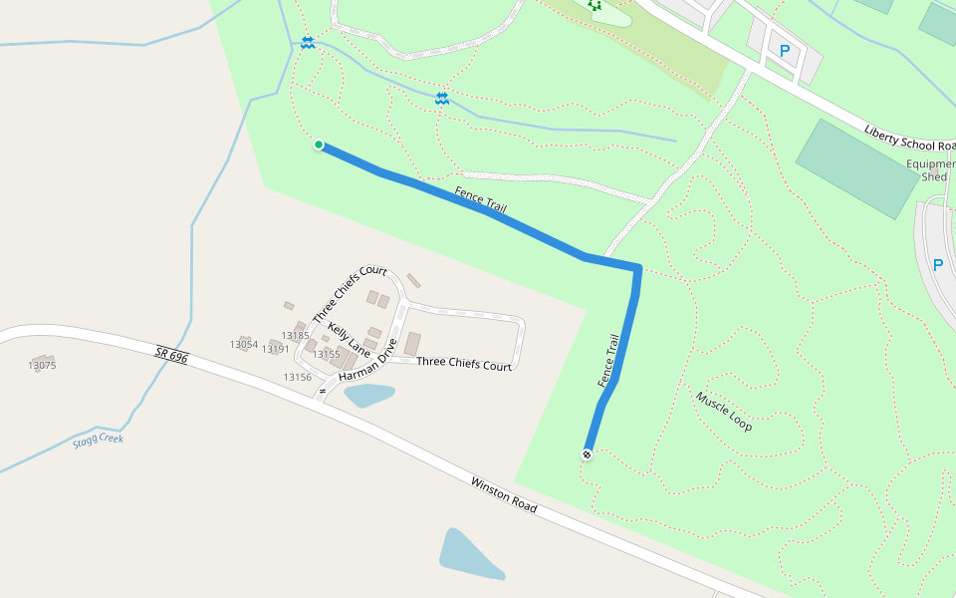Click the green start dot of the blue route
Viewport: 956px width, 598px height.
[x=319, y=145]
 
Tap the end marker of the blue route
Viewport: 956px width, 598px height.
[x=587, y=454]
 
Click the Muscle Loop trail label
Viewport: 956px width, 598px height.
[x=724, y=411]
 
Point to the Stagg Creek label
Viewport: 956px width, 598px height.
[x=98, y=441]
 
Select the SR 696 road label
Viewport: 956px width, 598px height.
[x=171, y=355]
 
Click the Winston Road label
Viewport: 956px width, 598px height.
[x=504, y=494]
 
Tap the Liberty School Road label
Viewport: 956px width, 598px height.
[x=909, y=138]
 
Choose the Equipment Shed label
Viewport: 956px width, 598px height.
[x=932, y=170]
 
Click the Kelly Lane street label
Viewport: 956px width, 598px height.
[x=349, y=340]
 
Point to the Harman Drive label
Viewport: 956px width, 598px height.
[x=367, y=360]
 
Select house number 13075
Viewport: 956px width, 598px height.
[x=42, y=366]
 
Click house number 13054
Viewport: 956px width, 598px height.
[x=243, y=344]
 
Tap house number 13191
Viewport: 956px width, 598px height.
[x=275, y=349]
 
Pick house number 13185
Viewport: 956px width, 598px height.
[x=296, y=336]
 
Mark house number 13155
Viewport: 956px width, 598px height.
[x=326, y=354]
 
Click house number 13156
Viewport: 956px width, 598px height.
[x=297, y=377]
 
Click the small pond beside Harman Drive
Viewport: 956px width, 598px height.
[x=368, y=396]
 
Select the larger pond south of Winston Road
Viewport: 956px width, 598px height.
[x=470, y=554]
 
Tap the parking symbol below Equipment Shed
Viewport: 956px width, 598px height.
[x=936, y=265]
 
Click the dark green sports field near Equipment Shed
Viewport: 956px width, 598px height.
[x=856, y=167]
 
